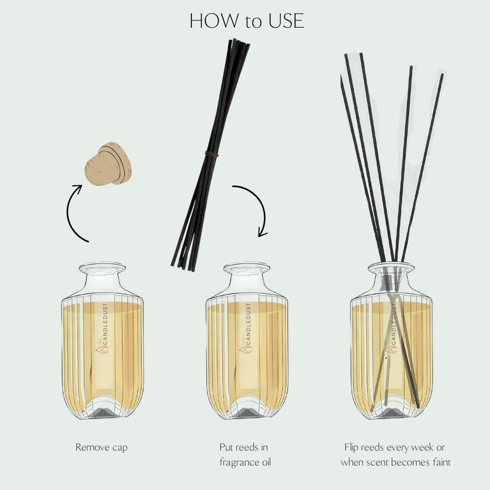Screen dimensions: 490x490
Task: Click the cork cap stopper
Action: (108, 164)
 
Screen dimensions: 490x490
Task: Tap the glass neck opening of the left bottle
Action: (102, 268)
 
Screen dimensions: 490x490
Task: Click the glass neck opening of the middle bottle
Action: (246, 268)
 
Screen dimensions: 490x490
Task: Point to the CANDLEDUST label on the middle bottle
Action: (249, 327)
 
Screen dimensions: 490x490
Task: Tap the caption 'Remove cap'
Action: (102, 447)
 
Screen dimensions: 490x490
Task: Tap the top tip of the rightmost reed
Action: (442, 75)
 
